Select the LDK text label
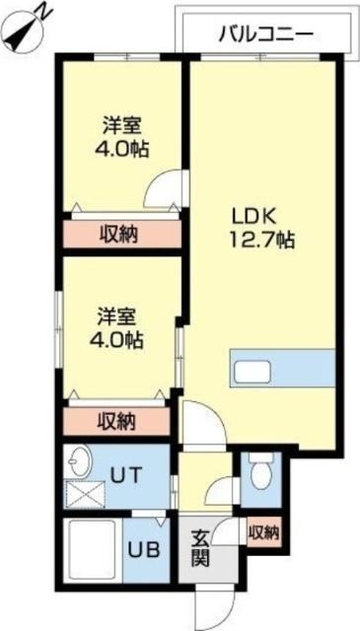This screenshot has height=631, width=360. (251, 214)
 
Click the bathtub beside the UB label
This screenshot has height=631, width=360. (92, 552)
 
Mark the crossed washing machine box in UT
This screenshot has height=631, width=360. (83, 492)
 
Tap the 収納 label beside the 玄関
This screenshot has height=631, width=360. (263, 533)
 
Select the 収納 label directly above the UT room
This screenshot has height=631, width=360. (118, 420)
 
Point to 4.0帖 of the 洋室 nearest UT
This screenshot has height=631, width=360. (119, 340)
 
